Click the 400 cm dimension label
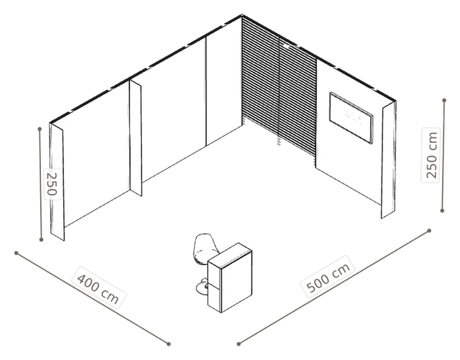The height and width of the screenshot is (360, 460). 98,287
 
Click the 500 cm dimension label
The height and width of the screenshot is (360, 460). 328,277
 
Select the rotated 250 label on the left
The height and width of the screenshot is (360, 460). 52,184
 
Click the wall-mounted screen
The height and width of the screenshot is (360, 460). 351,118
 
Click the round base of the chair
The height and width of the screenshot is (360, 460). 202,287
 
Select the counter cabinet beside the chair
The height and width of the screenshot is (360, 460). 230,278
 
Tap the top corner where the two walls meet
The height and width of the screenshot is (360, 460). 241,14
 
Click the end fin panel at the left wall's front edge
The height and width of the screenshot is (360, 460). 57,182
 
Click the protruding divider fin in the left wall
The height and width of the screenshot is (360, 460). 136,139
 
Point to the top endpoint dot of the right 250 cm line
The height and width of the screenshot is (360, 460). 444,101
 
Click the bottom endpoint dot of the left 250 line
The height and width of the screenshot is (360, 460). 41,240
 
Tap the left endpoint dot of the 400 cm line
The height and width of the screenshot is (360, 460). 17,253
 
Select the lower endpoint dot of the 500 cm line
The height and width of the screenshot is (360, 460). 239,344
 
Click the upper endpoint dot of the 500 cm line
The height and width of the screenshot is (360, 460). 429,231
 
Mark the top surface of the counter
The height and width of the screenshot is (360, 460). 230,254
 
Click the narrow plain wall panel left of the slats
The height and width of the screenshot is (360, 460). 224,80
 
